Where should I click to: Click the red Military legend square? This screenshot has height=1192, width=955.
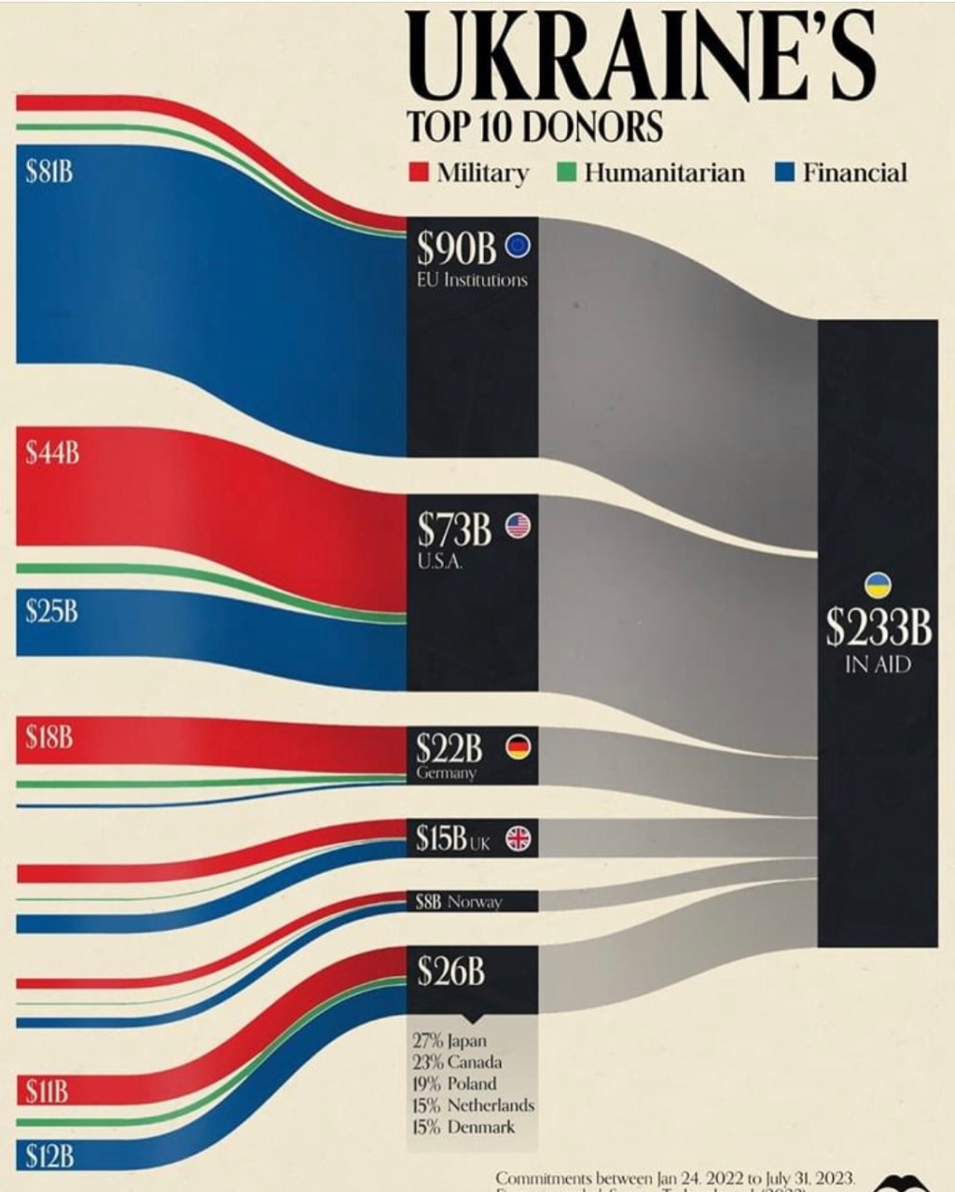pos(418,173)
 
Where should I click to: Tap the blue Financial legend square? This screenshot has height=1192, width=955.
pos(784,173)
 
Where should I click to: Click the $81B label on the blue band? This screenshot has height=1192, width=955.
pos(49,173)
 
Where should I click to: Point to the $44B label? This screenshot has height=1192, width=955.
pos(51,455)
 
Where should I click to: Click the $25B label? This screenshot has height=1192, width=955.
pos(51,612)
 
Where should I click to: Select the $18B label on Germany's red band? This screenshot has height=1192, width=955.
pos(49,740)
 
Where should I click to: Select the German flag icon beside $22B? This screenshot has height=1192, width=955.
pos(518,748)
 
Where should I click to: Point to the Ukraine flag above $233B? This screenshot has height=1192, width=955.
pos(879,584)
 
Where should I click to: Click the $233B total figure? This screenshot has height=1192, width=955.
pos(878,628)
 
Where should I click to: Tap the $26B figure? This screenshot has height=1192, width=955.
pos(451,972)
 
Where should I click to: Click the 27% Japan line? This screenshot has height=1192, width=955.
pos(449,1041)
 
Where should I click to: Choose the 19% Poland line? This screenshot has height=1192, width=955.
pos(453,1084)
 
